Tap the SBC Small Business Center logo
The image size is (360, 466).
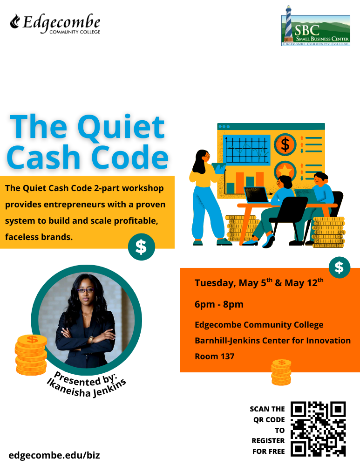point(315,26)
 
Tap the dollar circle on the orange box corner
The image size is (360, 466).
point(340,267)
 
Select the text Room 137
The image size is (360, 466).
point(215,356)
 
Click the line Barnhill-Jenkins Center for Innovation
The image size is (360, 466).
point(272,341)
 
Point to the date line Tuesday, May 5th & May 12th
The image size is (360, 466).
point(258,283)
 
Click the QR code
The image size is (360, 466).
point(319,428)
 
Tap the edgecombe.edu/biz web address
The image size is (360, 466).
point(54,455)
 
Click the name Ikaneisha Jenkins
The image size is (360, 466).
point(86,386)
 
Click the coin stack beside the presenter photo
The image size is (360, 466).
point(31,355)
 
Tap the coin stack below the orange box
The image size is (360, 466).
point(281,372)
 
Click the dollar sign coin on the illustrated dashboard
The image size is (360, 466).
point(285,144)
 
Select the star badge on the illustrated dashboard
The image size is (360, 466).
point(285,170)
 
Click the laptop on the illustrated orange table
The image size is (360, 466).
point(257,194)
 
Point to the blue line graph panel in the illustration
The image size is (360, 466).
point(247,149)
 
